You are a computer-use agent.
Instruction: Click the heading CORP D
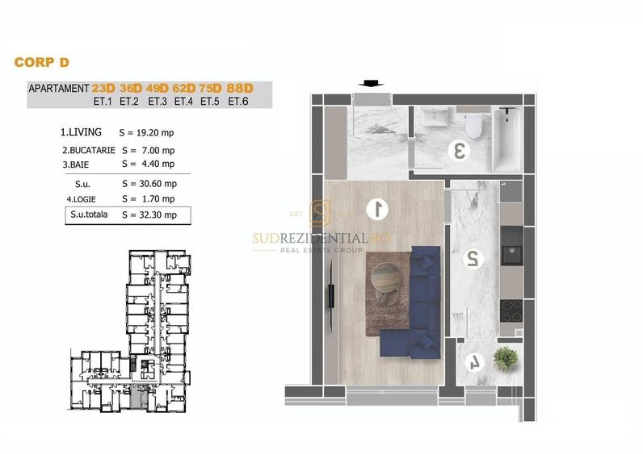(41, 62)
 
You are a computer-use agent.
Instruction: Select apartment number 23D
(103, 88)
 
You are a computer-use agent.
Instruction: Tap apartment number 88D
(240, 88)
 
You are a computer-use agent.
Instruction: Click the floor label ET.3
(158, 101)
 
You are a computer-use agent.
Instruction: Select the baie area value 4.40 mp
(158, 164)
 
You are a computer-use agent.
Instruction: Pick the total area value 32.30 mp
(158, 215)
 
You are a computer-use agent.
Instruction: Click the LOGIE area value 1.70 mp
(158, 199)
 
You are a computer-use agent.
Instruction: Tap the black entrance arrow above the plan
(371, 83)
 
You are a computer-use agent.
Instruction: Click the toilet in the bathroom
(474, 126)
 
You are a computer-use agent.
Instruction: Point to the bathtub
(507, 140)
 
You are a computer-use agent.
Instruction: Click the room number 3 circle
(460, 150)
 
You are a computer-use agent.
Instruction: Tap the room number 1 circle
(377, 208)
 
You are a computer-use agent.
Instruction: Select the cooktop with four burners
(511, 311)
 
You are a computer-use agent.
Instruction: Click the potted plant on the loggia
(506, 359)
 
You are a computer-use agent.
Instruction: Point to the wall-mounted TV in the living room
(331, 295)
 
